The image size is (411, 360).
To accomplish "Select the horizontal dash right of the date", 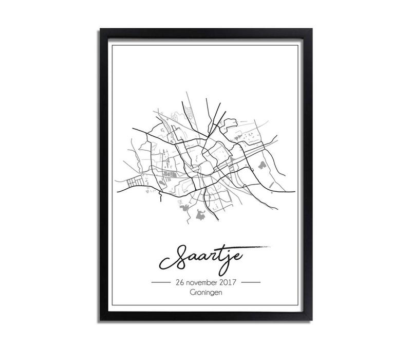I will pos(251,283).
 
